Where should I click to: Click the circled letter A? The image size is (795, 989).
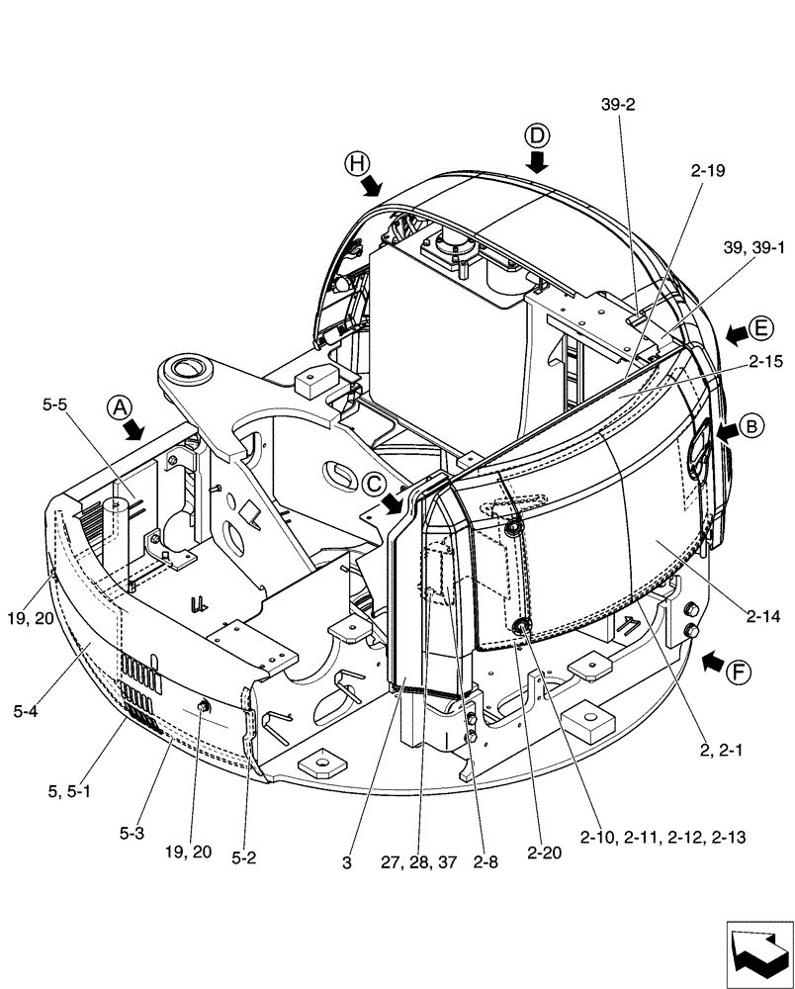click(119, 406)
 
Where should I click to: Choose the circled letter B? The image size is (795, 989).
click(751, 427)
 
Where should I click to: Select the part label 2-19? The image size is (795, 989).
click(708, 170)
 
